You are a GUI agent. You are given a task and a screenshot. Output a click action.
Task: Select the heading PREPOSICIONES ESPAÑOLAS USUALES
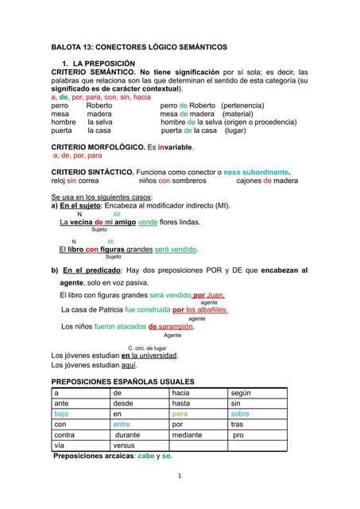(122, 382)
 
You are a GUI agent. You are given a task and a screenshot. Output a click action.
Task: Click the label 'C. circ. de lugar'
(147, 348)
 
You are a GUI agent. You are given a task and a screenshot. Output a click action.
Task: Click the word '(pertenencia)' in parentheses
(249, 105)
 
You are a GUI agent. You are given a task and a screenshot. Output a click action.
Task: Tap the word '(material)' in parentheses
(232, 114)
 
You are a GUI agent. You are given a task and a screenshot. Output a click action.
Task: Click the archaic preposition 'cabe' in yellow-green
(145, 457)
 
